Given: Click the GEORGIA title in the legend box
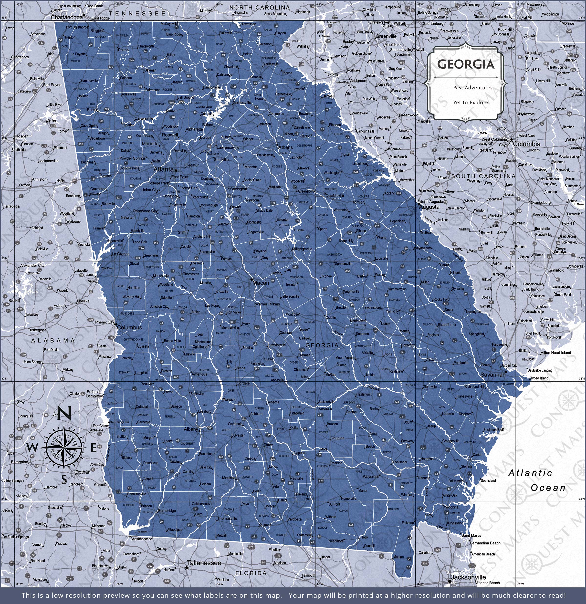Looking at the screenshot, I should [x=466, y=64].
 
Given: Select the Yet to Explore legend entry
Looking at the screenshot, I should [x=471, y=103].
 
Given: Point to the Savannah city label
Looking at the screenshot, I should [x=493, y=375].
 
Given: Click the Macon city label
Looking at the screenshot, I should [x=261, y=282].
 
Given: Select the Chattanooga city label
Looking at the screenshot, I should [x=67, y=17].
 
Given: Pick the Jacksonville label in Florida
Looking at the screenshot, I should [x=469, y=577].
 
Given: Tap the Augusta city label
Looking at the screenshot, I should [x=429, y=207].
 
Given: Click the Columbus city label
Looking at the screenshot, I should [x=129, y=328].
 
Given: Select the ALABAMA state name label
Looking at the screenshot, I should [x=53, y=341].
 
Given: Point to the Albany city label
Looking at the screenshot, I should [x=190, y=429].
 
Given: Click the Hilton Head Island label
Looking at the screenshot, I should [x=555, y=353].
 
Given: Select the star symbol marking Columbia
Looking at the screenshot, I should [x=511, y=140].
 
